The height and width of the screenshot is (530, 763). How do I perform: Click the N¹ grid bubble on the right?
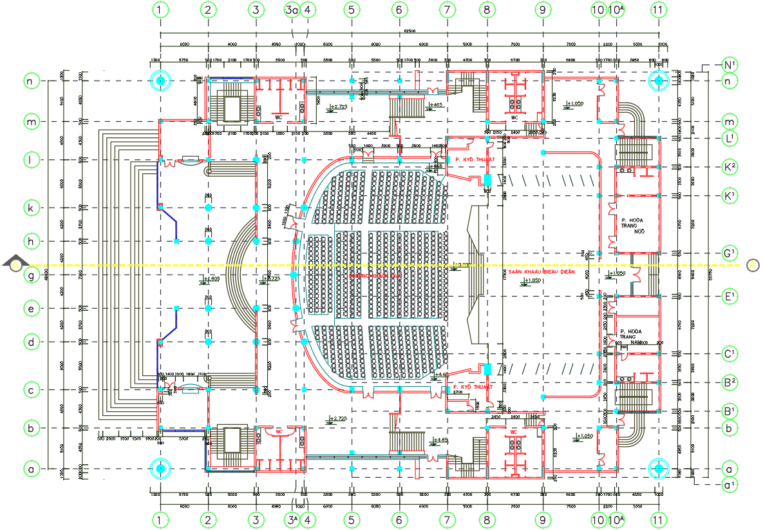point(730,65)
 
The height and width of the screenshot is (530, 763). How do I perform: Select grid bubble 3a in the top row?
point(292,10)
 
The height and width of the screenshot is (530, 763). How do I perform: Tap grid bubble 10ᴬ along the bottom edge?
point(616,520)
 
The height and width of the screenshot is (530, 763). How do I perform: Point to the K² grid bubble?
point(730,166)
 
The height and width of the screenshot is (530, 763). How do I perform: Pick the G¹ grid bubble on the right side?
point(730,253)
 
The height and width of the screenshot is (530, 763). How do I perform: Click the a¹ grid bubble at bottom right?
point(730,484)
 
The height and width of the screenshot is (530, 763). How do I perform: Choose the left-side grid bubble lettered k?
point(31,208)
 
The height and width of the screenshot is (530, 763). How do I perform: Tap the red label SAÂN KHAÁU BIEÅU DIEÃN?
point(541,272)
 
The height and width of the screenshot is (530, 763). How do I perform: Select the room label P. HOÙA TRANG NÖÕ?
point(632,225)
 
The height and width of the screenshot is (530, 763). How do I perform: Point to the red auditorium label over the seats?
point(375,275)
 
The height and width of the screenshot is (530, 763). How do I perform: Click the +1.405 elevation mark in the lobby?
point(212,279)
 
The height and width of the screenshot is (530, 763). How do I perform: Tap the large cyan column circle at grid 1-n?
point(160,81)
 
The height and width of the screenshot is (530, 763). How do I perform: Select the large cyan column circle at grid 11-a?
point(658,469)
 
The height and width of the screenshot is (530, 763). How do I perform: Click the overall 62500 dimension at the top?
point(410,31)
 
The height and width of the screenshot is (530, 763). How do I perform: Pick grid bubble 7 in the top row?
point(447,10)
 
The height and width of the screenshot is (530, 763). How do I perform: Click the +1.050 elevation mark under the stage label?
point(532,280)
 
